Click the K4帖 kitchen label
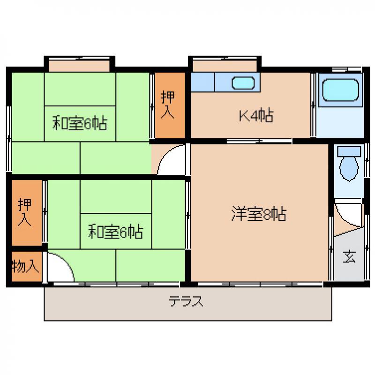[x=256, y=115]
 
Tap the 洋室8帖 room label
[x=259, y=213]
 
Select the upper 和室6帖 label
[x=80, y=123]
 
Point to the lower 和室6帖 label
[x=115, y=231]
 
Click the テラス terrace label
[x=186, y=301]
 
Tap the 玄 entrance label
[x=349, y=256]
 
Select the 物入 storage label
[x=25, y=266]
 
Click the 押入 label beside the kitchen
[x=168, y=105]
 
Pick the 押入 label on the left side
[x=24, y=212]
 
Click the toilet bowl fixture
[x=349, y=168]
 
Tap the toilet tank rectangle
[x=349, y=151]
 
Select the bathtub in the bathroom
[x=341, y=90]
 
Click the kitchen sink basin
[x=243, y=83]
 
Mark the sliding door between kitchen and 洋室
[x=259, y=141]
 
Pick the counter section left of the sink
[x=202, y=82]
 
